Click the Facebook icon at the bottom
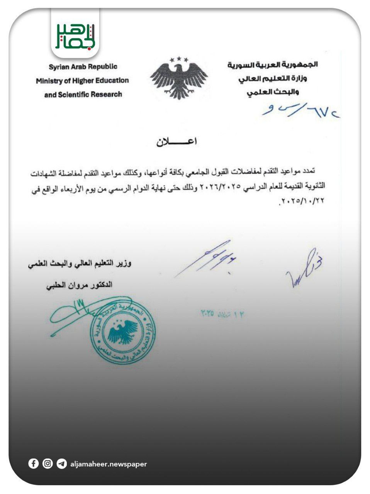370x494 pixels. point(34,464)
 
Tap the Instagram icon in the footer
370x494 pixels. point(48,464)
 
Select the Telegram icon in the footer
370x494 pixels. point(61,464)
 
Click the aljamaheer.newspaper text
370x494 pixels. point(109,464)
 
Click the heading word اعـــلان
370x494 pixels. point(177,142)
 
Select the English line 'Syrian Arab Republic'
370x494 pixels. point(83,67)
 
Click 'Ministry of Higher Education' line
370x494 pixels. point(82,81)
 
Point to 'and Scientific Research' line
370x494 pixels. point(83,95)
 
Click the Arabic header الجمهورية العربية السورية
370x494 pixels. point(273,65)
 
